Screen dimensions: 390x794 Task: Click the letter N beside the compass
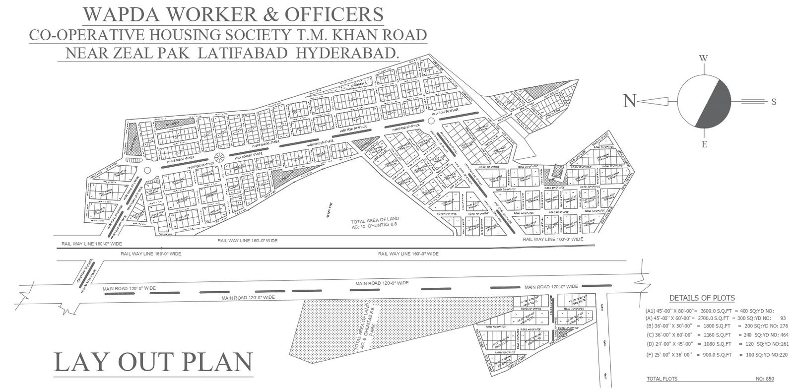[x=630, y=101]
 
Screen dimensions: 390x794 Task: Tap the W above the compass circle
[x=703, y=59]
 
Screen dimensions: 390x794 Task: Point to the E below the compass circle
[x=704, y=144]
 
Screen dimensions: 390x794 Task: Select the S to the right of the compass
[x=774, y=102]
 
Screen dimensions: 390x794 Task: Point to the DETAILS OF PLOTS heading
[x=702, y=298]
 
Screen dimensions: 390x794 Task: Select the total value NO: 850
[x=765, y=379]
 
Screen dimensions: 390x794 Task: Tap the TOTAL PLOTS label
[x=662, y=379]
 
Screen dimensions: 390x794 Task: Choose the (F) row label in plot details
[x=650, y=355]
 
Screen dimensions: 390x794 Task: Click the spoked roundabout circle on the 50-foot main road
[x=218, y=159]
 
